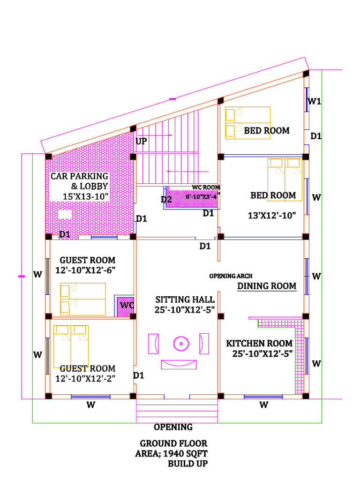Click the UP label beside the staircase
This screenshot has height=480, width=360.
[x=141, y=141]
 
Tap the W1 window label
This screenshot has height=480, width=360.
[x=315, y=101]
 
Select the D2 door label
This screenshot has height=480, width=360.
[x=166, y=199]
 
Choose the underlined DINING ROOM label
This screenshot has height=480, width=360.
[x=266, y=286]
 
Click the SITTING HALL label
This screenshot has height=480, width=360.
[x=185, y=300]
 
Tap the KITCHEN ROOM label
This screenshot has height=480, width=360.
[x=259, y=344]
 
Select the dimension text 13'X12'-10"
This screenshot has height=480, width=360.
[x=272, y=216]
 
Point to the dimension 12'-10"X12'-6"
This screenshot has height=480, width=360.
[x=85, y=270]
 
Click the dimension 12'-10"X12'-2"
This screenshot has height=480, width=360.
[x=85, y=378]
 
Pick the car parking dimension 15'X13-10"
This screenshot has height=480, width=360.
[x=86, y=196]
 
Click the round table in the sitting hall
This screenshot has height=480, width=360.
[x=180, y=344]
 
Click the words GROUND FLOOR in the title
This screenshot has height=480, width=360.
[x=173, y=443]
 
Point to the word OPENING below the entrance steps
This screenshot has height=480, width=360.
[x=173, y=427]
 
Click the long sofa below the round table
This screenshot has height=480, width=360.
[x=179, y=364]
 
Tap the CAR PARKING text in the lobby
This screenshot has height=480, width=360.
[x=79, y=176]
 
